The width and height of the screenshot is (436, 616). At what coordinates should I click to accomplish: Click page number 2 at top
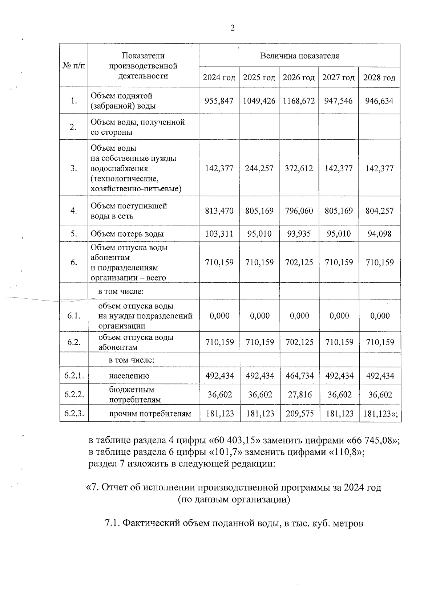pos(232,28)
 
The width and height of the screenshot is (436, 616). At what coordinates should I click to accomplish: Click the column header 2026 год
pos(299,77)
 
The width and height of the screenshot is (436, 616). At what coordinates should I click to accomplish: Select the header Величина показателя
pos(299,56)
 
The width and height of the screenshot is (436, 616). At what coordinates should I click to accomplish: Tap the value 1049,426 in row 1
pos(259,101)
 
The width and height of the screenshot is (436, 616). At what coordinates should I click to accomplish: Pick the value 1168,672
pos(299,101)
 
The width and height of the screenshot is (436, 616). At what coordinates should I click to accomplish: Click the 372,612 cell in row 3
pos(299,168)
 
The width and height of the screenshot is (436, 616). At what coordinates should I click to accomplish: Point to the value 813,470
pos(219,211)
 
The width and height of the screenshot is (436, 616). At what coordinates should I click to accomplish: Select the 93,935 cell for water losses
pos(299,233)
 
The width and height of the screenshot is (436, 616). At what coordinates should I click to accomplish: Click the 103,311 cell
pos(219,233)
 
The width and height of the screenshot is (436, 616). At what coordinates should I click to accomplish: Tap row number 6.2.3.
pos(74,413)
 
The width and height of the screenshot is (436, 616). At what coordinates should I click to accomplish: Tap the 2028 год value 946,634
pos(379,101)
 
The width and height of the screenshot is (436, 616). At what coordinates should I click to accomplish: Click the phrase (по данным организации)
pos(234,499)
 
